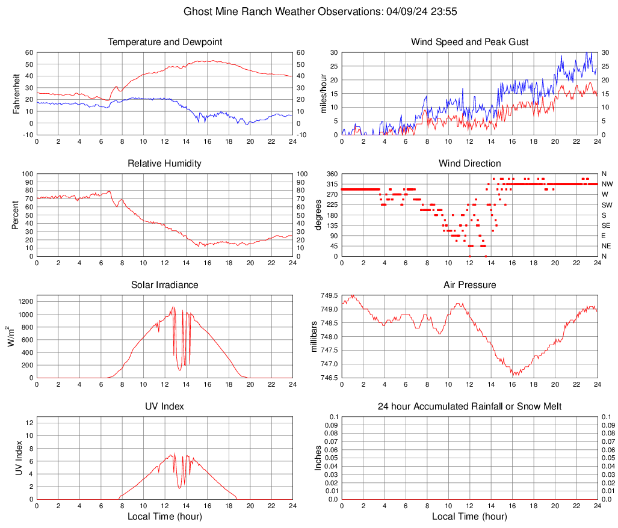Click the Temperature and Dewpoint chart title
click(x=164, y=42)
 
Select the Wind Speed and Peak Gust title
click(x=469, y=42)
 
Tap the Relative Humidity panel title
click(x=164, y=164)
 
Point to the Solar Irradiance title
click(x=164, y=285)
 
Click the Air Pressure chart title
click(x=469, y=285)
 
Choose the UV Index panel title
click(x=164, y=407)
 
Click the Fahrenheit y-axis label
click(x=16, y=93)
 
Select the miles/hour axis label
click(x=323, y=93)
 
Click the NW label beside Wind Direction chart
click(x=607, y=184)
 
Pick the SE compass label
click(x=607, y=226)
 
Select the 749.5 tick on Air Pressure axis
click(x=329, y=296)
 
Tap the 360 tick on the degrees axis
click(x=330, y=174)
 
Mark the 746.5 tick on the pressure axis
click(x=329, y=378)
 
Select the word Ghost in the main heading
click(x=196, y=11)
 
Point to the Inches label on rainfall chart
click(x=318, y=458)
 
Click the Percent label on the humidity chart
click(x=16, y=215)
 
